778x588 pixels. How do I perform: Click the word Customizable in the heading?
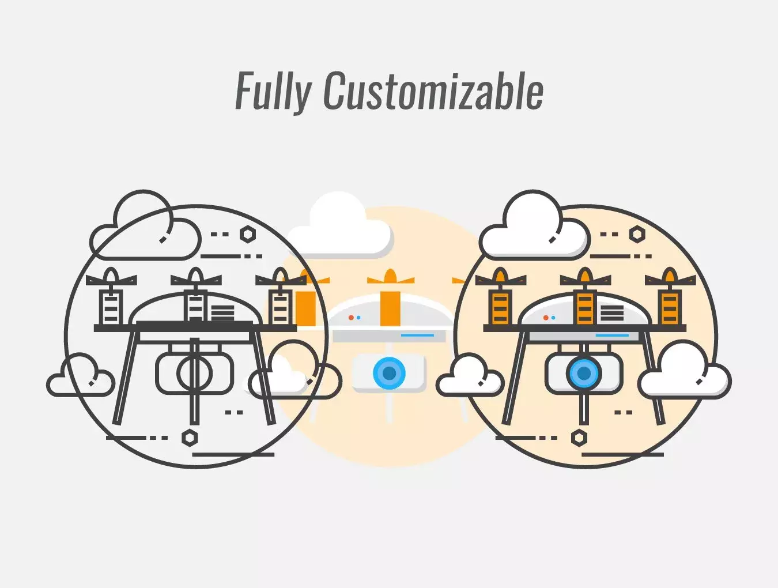(434, 90)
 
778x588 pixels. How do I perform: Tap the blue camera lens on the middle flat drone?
(389, 372)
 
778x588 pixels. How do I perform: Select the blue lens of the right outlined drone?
(584, 373)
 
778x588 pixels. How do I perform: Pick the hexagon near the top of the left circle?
(248, 234)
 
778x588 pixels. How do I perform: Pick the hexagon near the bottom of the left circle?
(190, 438)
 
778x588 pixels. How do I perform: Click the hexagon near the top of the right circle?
(637, 234)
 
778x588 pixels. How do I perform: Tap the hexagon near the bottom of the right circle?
(579, 438)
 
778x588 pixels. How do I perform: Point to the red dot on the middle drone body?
(351, 318)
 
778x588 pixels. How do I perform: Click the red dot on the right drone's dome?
(546, 318)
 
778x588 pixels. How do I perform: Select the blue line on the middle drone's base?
(417, 335)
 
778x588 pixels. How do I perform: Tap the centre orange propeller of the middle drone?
(390, 277)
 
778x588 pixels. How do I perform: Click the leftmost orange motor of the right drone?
(500, 307)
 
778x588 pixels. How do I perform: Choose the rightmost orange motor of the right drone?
(670, 307)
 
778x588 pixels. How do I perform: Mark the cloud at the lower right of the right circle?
(684, 370)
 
